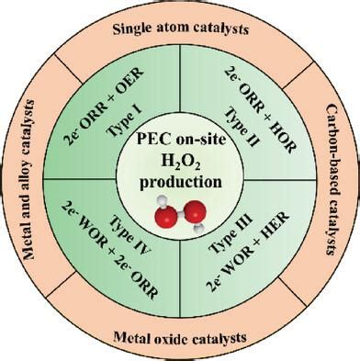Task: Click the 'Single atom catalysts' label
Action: [x=181, y=29]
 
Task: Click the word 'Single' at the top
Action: [x=135, y=29]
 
